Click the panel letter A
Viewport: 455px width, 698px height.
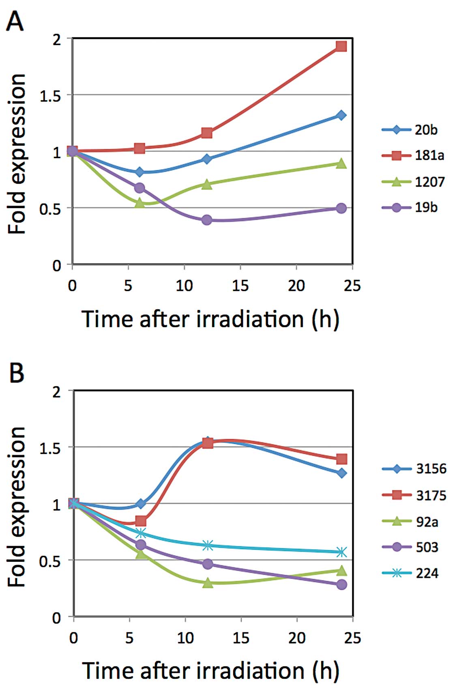click(x=15, y=21)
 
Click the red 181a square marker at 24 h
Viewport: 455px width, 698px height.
click(x=341, y=46)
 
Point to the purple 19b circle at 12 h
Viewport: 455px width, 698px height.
click(x=207, y=220)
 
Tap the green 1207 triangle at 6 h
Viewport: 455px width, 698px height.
click(x=140, y=202)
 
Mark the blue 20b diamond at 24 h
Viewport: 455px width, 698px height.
click(x=341, y=115)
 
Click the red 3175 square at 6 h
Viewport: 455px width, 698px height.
click(x=141, y=521)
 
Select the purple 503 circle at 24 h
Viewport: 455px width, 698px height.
click(x=342, y=584)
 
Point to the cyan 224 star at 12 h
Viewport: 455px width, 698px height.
click(x=208, y=545)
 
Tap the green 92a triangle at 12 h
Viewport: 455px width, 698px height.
click(x=208, y=583)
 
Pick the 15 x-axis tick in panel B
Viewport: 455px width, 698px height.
click(x=241, y=638)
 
